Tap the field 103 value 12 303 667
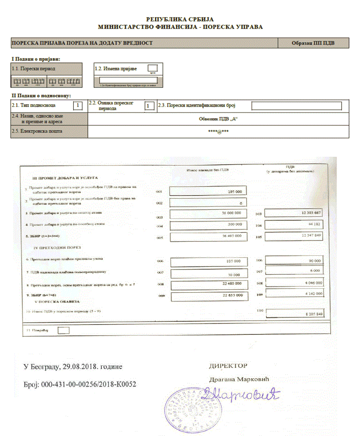click(x=294, y=213)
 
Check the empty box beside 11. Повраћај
click(x=64, y=330)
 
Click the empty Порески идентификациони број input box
click(x=297, y=106)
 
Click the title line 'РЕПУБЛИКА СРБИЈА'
click(x=180, y=19)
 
